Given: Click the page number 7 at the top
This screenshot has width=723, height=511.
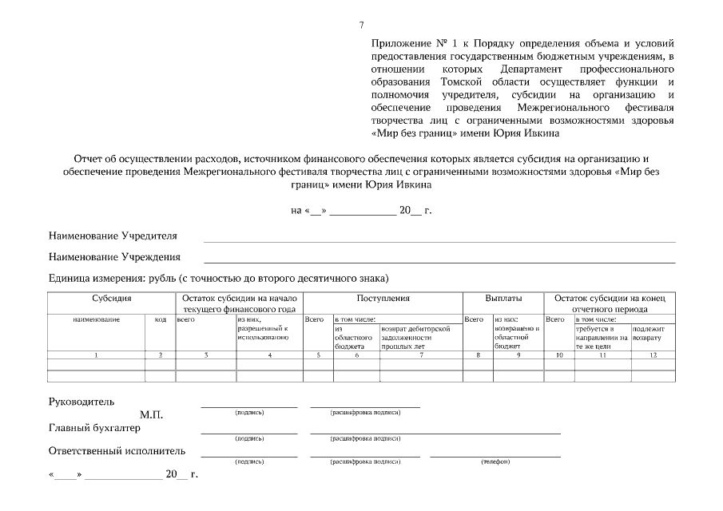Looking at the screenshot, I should point(362,26).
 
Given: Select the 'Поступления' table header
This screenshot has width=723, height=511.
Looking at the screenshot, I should point(383,298).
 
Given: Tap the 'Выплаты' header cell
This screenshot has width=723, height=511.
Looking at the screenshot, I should point(503,298).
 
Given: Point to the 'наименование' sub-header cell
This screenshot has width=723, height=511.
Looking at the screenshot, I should point(96,319).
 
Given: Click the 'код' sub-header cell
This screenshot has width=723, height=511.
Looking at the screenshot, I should point(160,319).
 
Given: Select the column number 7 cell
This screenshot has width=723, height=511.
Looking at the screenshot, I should point(421,354).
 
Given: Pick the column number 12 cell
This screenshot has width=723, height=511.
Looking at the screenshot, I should point(653,354).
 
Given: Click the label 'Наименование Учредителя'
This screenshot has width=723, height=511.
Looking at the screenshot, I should point(113,236).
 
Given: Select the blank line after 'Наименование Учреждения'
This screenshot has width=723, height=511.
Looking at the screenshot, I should point(439,261).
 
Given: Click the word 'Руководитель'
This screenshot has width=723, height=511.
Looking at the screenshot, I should point(81,401).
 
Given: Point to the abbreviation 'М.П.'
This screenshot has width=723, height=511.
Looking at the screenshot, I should point(151,415).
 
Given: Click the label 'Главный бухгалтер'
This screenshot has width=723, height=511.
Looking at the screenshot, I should point(94,428).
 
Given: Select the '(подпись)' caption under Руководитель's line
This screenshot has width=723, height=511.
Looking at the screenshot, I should point(249,413).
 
